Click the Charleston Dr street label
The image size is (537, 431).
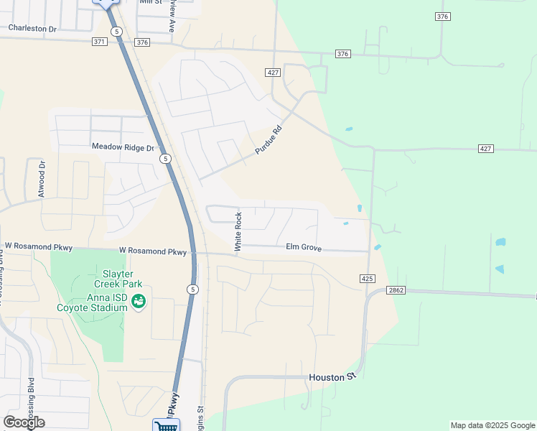(x=32, y=28)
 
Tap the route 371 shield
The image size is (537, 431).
(x=100, y=42)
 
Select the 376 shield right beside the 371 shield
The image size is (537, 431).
(x=141, y=42)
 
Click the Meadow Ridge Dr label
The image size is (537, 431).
(x=123, y=147)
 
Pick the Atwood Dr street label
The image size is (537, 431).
(x=42, y=179)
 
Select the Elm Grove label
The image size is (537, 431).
(x=303, y=247)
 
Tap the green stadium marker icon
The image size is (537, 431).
(x=139, y=301)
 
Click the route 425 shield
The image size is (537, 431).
(x=367, y=278)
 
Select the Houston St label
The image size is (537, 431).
(x=332, y=377)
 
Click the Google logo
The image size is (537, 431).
(x=24, y=422)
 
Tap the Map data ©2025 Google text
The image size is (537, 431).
(x=492, y=425)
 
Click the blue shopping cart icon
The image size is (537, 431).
(x=166, y=426)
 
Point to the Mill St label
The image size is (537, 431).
(x=151, y=2)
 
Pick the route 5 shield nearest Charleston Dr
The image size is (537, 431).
(x=117, y=32)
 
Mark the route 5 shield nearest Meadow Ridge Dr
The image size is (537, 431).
(x=165, y=158)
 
